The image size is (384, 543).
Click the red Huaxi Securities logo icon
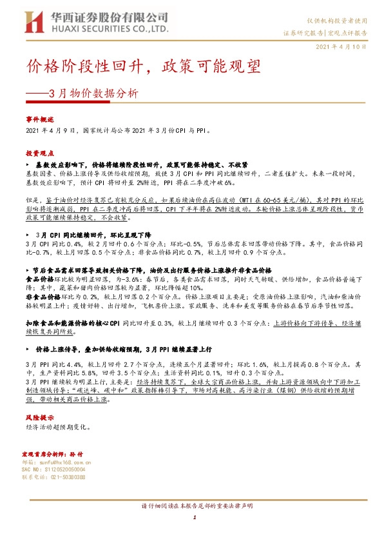[x=34, y=23]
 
